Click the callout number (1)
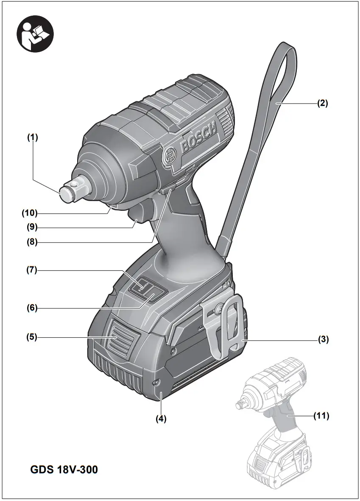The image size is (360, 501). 33,137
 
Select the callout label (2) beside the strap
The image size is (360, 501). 322,103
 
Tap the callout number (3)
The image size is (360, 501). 324,339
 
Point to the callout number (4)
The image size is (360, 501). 161,418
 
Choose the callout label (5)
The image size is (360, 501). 32,337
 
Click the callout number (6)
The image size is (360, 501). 32,307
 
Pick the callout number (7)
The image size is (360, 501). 32,270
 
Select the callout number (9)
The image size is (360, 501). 32,227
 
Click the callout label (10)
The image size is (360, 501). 31,212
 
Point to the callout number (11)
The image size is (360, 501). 321,416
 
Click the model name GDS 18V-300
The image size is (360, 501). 64,470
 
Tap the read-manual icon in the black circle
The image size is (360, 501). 35,34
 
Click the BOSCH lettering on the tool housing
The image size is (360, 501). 198,136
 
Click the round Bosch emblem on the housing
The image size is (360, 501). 169,157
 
